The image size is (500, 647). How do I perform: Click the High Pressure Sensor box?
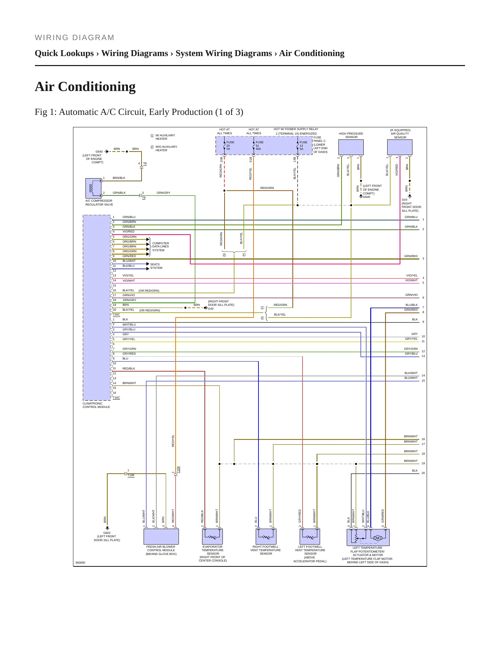(351, 147)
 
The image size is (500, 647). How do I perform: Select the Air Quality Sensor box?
(400, 147)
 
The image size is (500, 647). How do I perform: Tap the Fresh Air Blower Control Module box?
(161, 537)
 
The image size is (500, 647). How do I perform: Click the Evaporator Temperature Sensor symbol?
(212, 537)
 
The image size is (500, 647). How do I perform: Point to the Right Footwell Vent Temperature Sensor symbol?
(266, 537)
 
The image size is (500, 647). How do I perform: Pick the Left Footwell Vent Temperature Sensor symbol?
(310, 537)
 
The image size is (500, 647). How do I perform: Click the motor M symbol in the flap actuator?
(378, 538)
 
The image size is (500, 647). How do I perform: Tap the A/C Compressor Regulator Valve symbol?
(93, 188)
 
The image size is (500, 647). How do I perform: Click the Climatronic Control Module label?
(96, 405)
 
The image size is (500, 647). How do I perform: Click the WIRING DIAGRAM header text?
(74, 38)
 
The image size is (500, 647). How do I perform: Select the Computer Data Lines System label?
(161, 247)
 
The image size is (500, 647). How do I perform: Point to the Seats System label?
(156, 266)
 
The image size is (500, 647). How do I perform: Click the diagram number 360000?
(80, 563)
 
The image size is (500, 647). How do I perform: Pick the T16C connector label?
(116, 398)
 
